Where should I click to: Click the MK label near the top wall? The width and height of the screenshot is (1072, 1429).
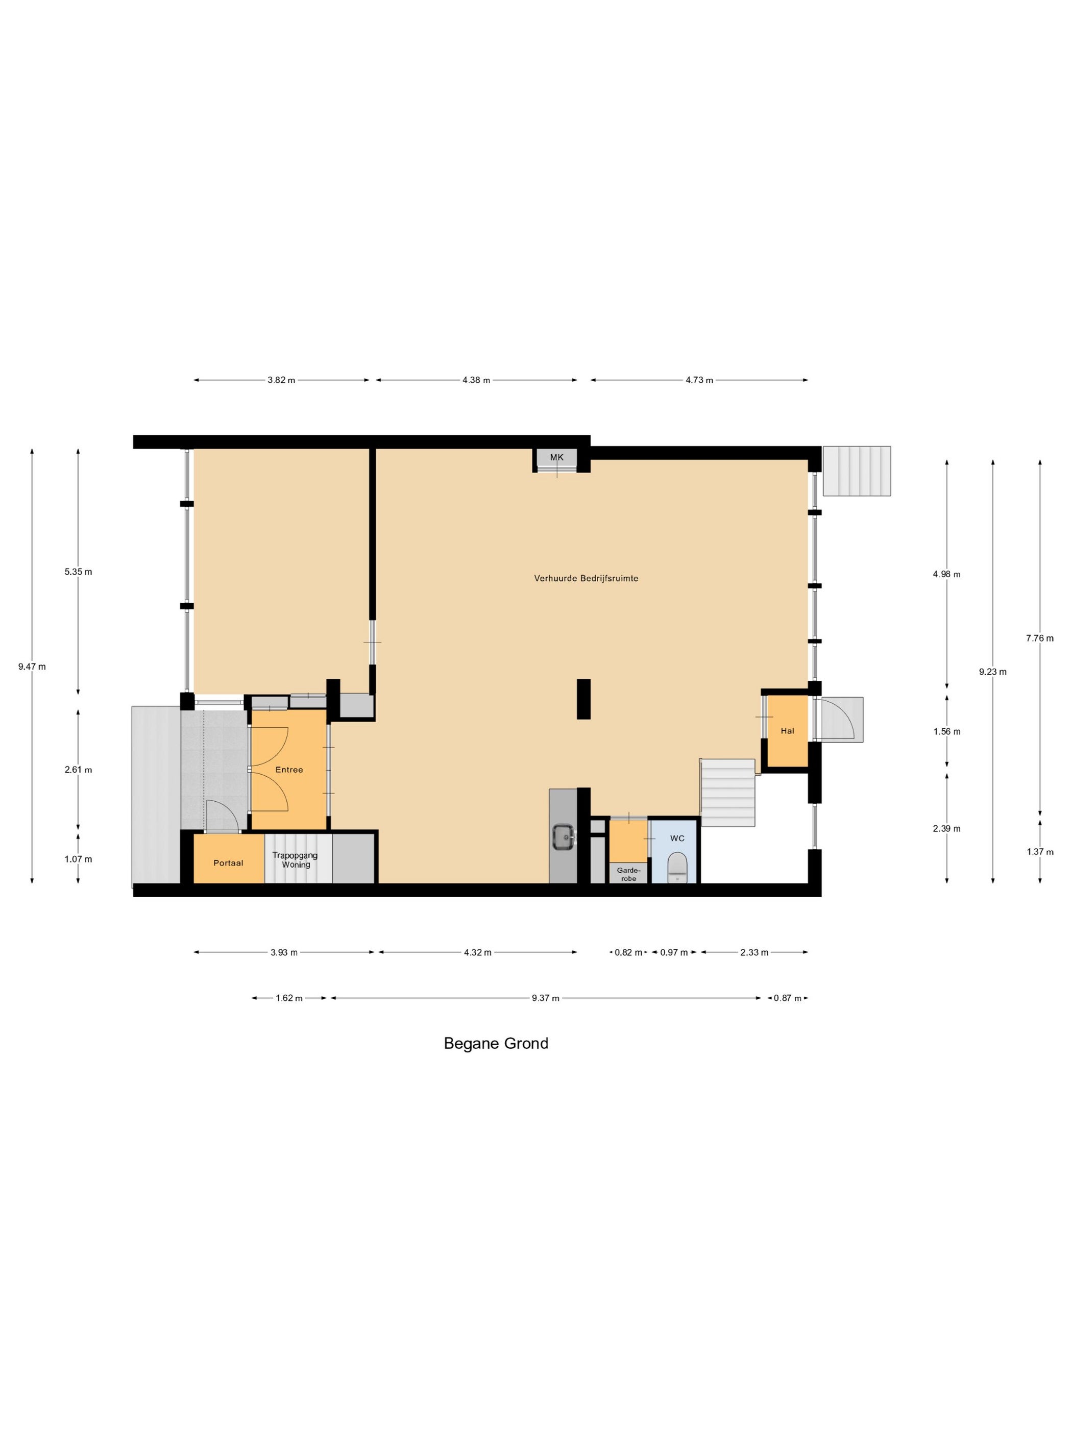[x=556, y=457]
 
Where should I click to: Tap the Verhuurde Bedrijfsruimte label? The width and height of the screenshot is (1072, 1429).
[x=586, y=578]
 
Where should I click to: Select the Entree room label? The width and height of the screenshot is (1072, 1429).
[x=289, y=770]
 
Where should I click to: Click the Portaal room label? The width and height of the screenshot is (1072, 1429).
[x=228, y=863]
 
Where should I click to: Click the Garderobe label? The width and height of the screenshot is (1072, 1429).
[x=628, y=874]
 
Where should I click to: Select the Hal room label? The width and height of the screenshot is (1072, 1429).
[x=787, y=731]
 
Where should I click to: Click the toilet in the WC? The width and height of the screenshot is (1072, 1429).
[x=676, y=866]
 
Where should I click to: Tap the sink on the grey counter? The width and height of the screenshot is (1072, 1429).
[x=564, y=837]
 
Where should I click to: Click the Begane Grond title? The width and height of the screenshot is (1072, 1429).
[x=496, y=1043]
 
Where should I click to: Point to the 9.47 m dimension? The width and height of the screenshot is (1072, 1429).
[x=32, y=667]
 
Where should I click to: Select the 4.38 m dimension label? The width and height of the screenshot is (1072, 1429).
[x=476, y=380]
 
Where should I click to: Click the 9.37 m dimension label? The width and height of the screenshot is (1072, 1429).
[x=545, y=998]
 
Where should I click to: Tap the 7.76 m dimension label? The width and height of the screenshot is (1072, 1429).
[x=1040, y=638]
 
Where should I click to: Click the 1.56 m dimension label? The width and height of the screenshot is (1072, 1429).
[x=946, y=731]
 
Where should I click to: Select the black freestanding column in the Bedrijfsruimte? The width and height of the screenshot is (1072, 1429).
[x=583, y=699]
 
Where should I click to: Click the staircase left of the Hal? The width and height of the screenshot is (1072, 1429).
[x=728, y=793]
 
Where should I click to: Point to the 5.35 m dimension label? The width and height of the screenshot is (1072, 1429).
[x=78, y=572]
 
